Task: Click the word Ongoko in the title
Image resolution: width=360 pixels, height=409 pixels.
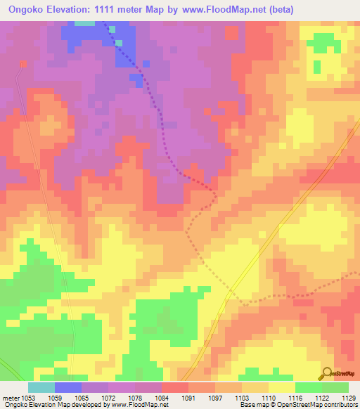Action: (27, 9)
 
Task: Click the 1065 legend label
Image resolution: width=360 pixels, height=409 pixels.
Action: (81, 397)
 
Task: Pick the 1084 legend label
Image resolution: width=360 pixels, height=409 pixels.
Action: (162, 397)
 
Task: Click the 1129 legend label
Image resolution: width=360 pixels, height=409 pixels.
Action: (347, 397)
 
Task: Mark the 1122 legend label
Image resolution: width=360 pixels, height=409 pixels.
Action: (321, 397)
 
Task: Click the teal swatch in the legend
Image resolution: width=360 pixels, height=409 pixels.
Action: (41, 387)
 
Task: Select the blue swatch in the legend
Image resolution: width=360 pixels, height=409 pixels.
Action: (68, 387)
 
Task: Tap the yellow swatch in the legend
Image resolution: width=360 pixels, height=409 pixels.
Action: (281, 387)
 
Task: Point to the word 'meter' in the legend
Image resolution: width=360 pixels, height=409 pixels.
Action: (11, 397)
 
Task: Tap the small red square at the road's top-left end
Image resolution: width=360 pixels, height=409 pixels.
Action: (22, 63)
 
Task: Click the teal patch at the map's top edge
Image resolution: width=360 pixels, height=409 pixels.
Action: (85, 22)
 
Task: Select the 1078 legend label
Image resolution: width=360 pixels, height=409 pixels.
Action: (134, 397)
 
